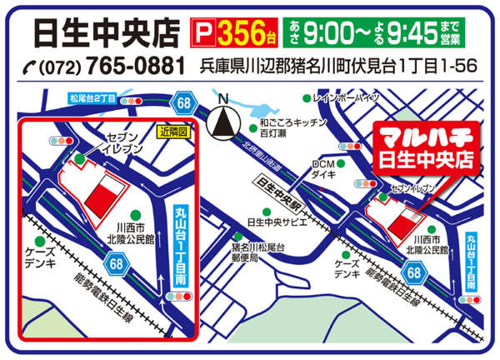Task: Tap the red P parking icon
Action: click(x=202, y=32)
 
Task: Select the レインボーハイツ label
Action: click(x=345, y=97)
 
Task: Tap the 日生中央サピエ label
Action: click(x=275, y=222)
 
